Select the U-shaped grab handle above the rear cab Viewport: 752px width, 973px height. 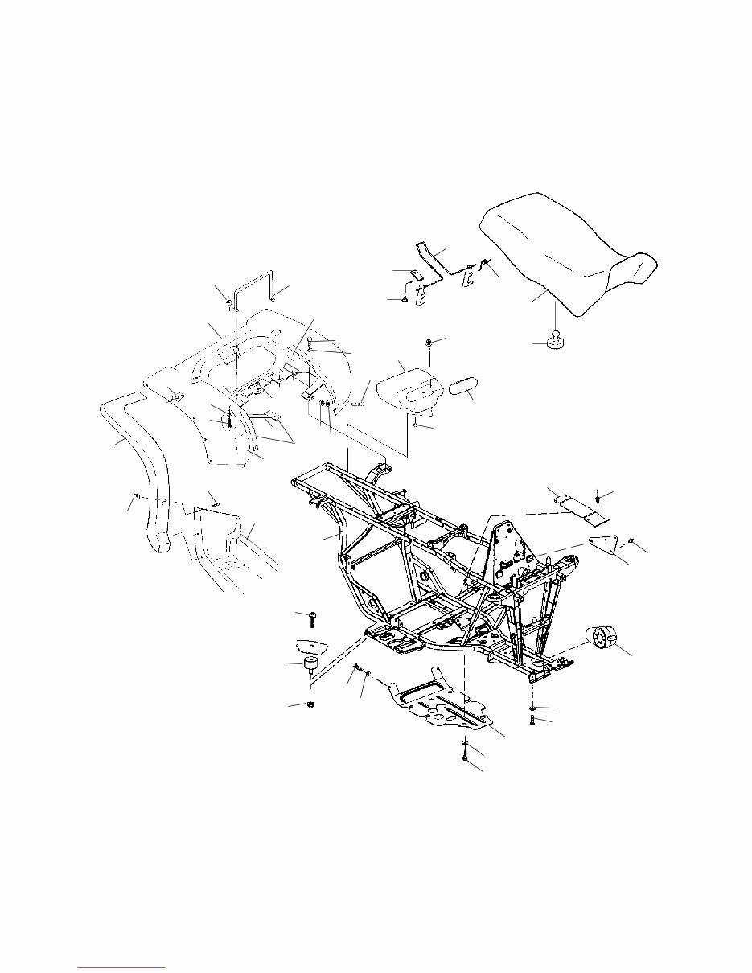(253, 286)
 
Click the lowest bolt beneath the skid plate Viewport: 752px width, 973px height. (466, 754)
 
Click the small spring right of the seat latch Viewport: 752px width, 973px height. (483, 263)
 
